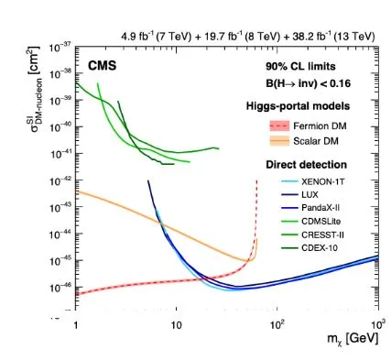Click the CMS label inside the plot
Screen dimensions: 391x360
[x=103, y=66]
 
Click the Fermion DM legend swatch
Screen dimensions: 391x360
[x=279, y=125]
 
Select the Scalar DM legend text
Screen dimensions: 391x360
[x=316, y=141]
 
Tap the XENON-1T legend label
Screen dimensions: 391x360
[x=323, y=181]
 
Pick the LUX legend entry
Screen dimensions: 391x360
[x=310, y=195]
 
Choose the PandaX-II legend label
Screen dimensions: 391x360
[x=320, y=208]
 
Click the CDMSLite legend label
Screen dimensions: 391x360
[x=321, y=221]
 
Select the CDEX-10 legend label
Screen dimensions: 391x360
[x=320, y=247]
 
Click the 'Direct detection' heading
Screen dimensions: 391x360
[x=307, y=165]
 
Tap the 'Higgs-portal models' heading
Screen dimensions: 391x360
[x=298, y=106]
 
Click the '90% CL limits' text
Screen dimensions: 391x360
[x=300, y=66]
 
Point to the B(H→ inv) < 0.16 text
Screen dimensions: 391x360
[x=308, y=83]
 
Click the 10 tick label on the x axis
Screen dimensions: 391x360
[x=177, y=325]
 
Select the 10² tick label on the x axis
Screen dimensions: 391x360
[x=276, y=324]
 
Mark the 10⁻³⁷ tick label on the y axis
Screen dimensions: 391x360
[x=60, y=48]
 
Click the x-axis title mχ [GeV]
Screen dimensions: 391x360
[x=353, y=339]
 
